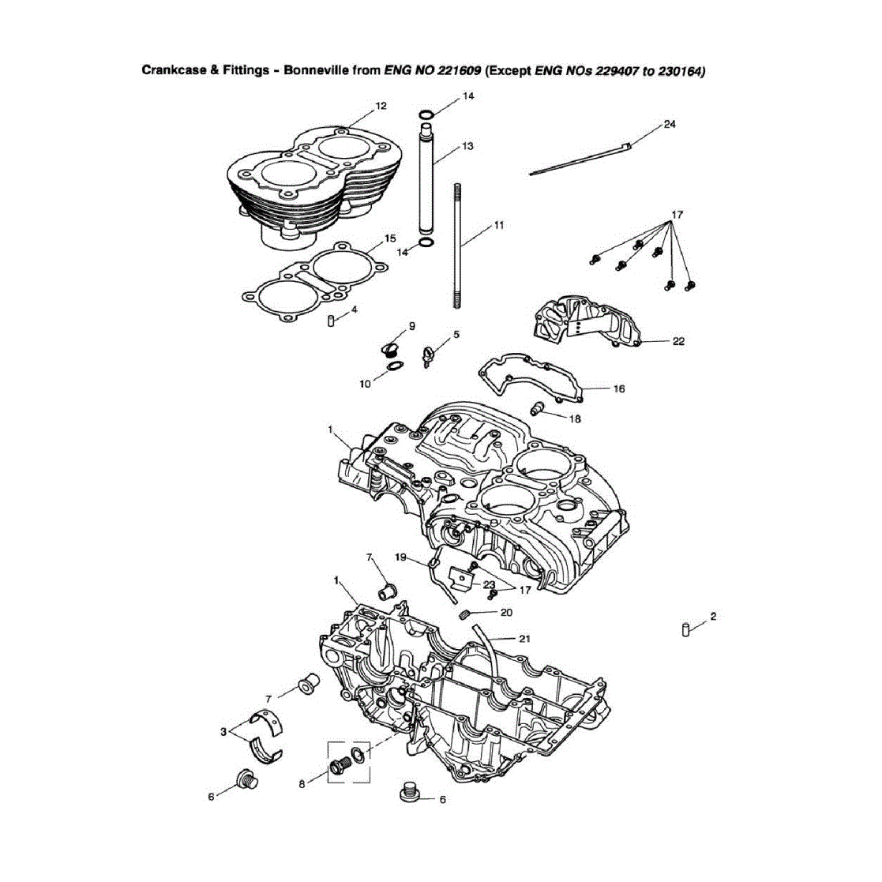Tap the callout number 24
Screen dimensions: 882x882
pos(670,124)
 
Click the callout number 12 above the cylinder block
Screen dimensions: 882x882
pos(381,105)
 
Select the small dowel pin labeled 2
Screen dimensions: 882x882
pos(687,629)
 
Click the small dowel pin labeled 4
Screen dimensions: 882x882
pos(332,320)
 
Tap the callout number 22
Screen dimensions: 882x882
pos(678,341)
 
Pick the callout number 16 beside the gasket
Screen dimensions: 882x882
pos(619,388)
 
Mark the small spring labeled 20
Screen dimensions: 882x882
pos(467,614)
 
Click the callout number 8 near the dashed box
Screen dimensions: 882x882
pos(302,784)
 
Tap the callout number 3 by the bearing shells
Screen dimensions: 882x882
pos(223,732)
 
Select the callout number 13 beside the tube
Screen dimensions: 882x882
pos(467,146)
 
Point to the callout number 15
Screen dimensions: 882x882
pos(390,238)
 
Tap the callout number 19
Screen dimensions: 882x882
pos(401,557)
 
